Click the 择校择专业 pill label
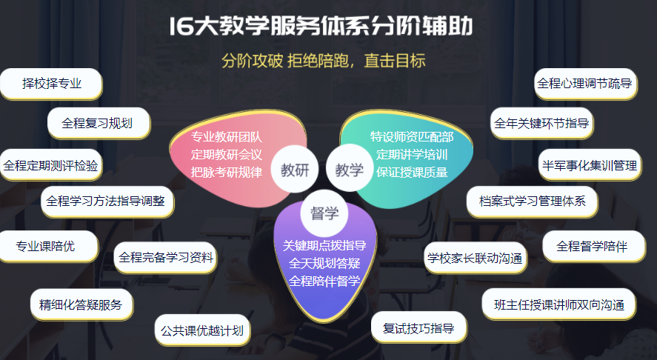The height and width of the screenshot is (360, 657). click(x=51, y=84)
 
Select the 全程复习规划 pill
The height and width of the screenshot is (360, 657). click(x=99, y=123)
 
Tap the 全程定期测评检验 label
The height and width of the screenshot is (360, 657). click(x=50, y=165)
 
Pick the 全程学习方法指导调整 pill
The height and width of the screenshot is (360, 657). click(x=107, y=201)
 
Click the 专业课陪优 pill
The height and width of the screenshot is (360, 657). click(x=49, y=246)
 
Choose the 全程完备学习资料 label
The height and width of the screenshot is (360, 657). click(x=165, y=257)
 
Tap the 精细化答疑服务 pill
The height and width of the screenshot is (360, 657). click(x=81, y=304)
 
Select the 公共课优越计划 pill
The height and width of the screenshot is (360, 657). click(x=202, y=330)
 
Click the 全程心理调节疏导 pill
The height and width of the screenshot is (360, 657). click(x=585, y=84)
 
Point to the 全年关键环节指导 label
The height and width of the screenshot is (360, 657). click(x=541, y=123)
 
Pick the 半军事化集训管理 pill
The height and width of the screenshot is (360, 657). click(x=590, y=165)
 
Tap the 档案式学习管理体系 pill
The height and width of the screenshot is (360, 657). click(x=532, y=201)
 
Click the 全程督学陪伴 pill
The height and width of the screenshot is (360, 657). click(x=594, y=246)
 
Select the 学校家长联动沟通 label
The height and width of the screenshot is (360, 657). click(x=475, y=258)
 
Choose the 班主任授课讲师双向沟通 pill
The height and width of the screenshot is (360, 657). click(x=559, y=304)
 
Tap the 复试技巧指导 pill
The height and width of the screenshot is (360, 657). click(x=419, y=327)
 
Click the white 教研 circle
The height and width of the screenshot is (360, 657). click(x=295, y=170)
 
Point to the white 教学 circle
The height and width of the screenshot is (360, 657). click(x=349, y=170)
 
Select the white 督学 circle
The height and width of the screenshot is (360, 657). click(x=324, y=213)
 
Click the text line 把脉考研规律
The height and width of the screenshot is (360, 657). click(x=227, y=173)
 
